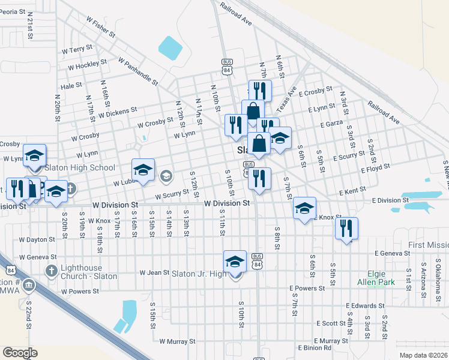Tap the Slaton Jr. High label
(x=199, y=274)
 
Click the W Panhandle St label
(x=138, y=71)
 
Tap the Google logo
(x=20, y=353)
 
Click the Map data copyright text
(x=423, y=355)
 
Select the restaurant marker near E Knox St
(x=346, y=229)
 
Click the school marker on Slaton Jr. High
(x=235, y=262)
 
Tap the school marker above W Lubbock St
(x=143, y=170)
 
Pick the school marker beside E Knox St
(x=304, y=208)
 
